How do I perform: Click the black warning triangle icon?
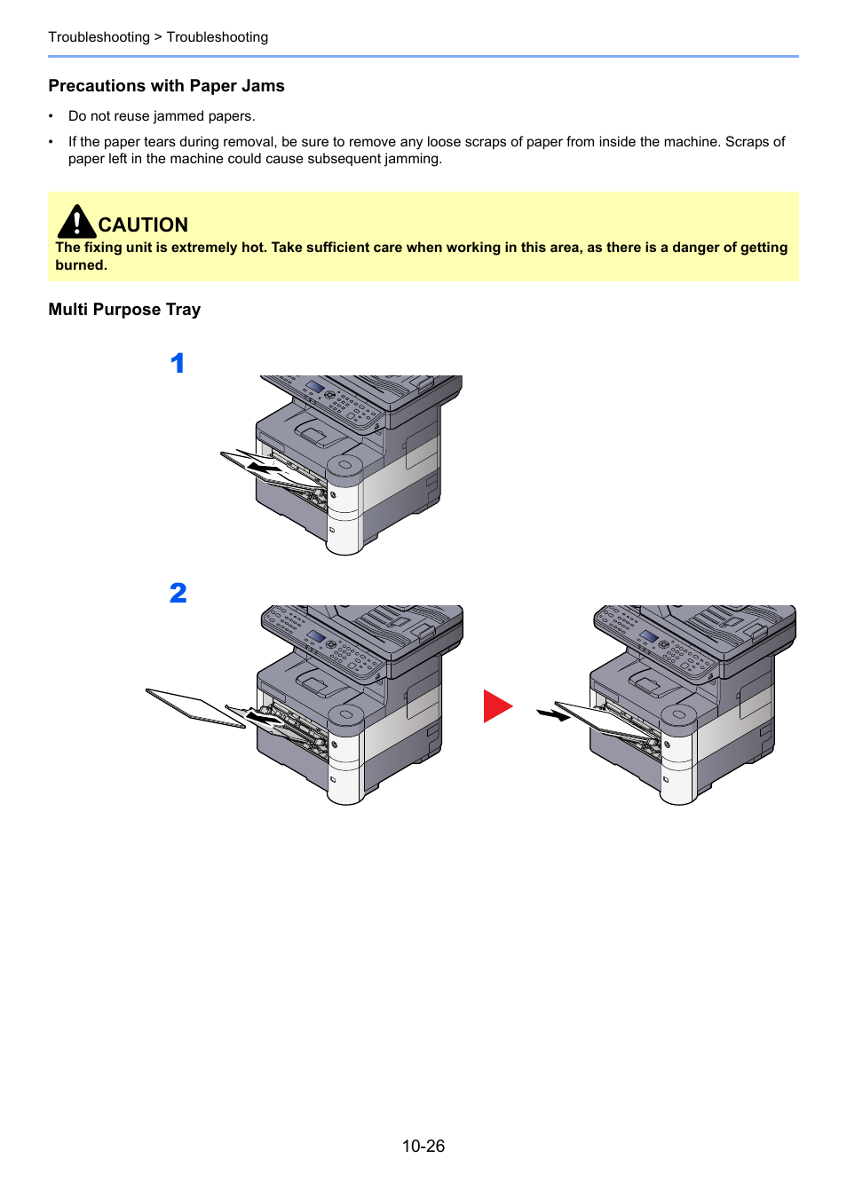(x=76, y=222)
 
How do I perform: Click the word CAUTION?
(x=143, y=225)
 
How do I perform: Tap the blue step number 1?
(x=178, y=363)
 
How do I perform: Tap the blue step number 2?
(x=178, y=593)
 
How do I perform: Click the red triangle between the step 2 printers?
(x=496, y=706)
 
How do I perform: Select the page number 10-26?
(x=423, y=1146)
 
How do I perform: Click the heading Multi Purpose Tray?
(x=124, y=310)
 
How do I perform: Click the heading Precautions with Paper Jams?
(x=166, y=86)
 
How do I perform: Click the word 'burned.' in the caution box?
(x=81, y=265)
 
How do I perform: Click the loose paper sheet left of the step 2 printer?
(x=195, y=708)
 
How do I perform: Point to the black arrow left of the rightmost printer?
(x=553, y=713)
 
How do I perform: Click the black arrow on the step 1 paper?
(x=264, y=466)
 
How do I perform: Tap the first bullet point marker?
(x=51, y=116)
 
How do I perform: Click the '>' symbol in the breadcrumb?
(x=158, y=37)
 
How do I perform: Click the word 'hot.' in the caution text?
(x=254, y=248)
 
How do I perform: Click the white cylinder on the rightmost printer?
(x=678, y=754)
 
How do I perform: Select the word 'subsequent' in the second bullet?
(x=344, y=159)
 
